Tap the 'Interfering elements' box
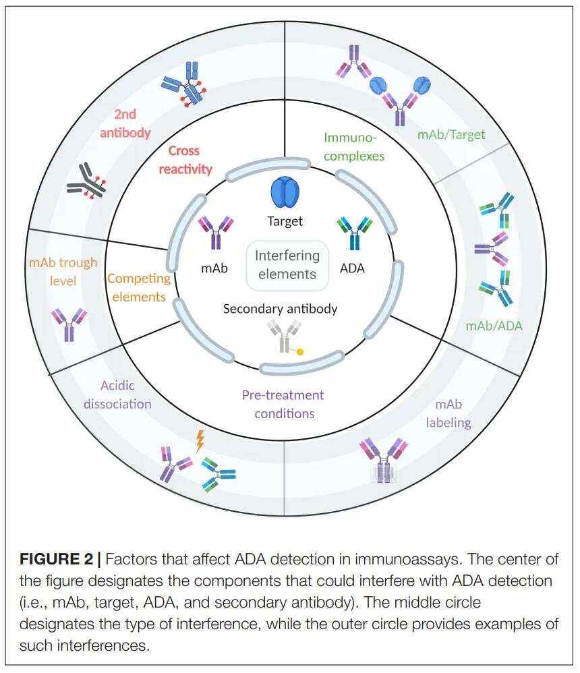(x=287, y=265)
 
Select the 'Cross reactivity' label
(x=185, y=160)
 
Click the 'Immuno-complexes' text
(x=353, y=146)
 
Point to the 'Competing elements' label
(x=137, y=287)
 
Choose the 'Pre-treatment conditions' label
(x=283, y=403)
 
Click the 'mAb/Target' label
(x=451, y=134)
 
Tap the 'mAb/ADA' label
(x=494, y=326)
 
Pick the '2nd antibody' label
(x=125, y=123)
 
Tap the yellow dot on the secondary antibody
(x=300, y=351)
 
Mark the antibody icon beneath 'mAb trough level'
(x=69, y=323)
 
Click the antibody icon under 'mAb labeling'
(x=384, y=459)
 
